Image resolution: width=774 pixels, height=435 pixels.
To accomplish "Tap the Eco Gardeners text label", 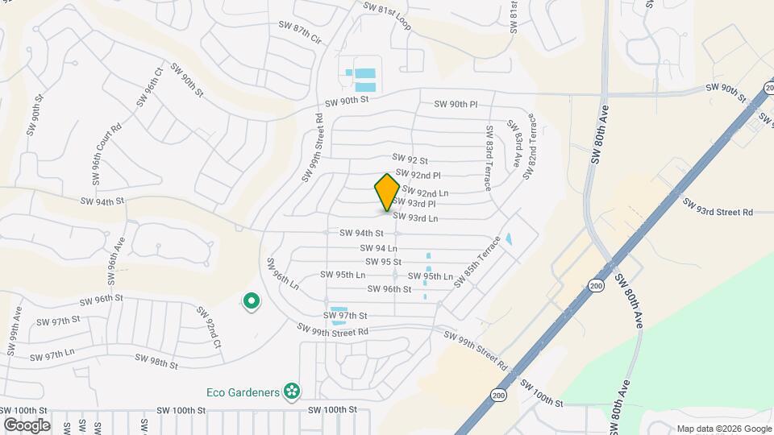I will click(x=247, y=393).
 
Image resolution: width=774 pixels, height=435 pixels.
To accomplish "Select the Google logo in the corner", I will click(x=27, y=425).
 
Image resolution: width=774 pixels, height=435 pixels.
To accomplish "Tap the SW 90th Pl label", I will click(x=456, y=105).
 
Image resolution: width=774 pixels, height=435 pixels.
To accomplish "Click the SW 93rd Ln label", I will click(x=415, y=217).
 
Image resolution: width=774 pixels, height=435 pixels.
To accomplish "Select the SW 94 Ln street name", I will click(x=378, y=248).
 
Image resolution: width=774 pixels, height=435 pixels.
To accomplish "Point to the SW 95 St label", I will click(x=383, y=262).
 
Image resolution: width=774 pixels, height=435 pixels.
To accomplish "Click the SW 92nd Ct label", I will click(x=207, y=327).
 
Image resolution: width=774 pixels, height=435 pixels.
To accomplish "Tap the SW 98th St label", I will click(x=156, y=362).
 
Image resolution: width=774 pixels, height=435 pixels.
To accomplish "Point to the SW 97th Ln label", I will click(x=53, y=354).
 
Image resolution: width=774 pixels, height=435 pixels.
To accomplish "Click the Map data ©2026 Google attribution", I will click(x=722, y=429).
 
